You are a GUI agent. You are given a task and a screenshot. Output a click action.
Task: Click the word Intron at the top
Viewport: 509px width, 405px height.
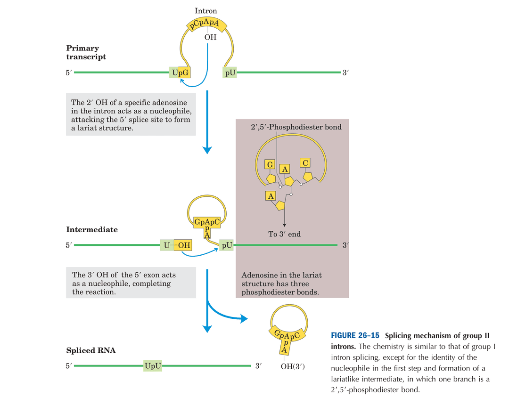point(205,10)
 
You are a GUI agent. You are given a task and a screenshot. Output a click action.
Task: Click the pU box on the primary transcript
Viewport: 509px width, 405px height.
point(230,73)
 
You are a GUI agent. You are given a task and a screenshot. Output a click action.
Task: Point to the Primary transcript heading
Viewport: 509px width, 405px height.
point(86,52)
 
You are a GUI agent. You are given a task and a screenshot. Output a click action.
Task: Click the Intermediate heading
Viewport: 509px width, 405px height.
point(92,230)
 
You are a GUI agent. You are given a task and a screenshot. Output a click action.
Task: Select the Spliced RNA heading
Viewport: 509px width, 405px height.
point(91,351)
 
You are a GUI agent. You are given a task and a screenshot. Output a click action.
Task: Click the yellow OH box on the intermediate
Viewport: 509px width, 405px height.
point(184,245)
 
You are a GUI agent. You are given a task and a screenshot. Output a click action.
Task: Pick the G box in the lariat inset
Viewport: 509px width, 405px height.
point(270,164)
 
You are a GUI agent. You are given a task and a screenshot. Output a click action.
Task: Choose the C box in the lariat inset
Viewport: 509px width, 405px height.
point(305,162)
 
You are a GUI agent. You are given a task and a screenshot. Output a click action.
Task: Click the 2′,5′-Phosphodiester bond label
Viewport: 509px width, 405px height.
point(296,127)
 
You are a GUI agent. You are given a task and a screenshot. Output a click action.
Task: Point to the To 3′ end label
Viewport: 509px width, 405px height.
point(285,234)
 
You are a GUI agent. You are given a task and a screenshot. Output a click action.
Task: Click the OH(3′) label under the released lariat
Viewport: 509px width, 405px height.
point(293,366)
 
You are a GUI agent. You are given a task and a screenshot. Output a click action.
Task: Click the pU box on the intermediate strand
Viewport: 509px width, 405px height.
point(227,245)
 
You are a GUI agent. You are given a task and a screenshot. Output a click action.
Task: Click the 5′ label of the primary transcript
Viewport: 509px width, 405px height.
point(69,73)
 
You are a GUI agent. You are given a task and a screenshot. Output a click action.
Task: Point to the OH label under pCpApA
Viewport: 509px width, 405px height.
point(210,37)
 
